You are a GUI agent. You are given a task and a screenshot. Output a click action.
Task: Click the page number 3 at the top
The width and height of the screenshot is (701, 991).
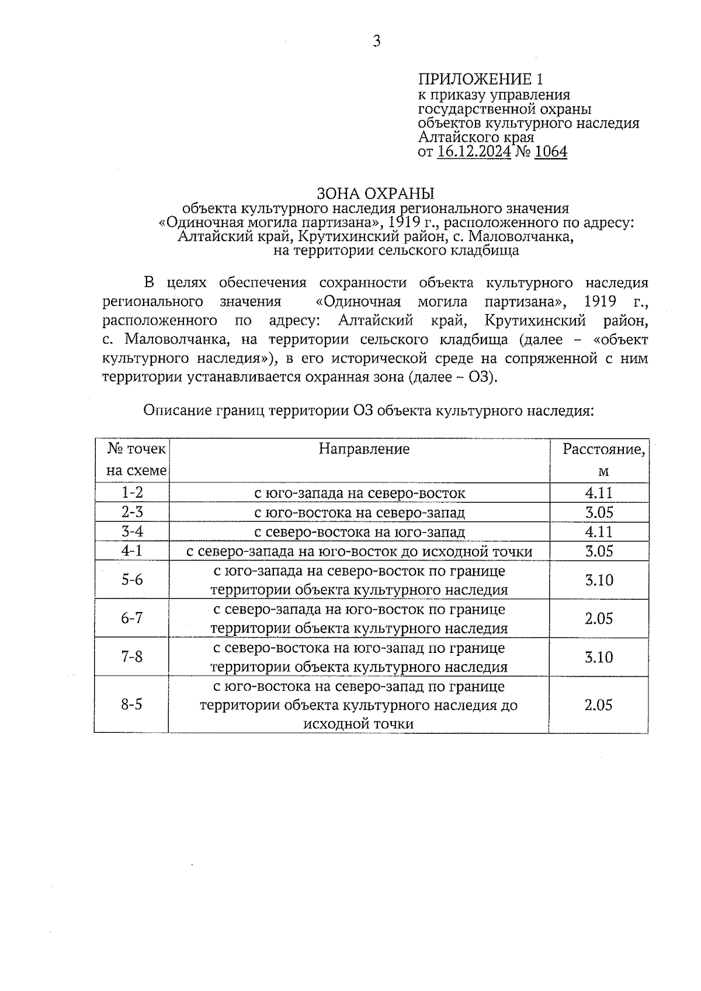point(376,41)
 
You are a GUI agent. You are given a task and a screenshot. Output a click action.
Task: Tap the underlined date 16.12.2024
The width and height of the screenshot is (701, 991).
point(474,152)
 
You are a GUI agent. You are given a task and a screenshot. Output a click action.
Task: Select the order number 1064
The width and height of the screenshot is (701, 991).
point(550,152)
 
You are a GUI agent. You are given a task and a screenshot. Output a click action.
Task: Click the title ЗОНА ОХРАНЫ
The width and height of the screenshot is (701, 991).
point(376,193)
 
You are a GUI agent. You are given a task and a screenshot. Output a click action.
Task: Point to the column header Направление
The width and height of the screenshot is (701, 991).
point(364,449)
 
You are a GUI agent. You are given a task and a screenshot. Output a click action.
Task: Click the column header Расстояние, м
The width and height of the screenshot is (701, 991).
point(603,460)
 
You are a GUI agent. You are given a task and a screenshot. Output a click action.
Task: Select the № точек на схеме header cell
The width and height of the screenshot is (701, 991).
point(137,460)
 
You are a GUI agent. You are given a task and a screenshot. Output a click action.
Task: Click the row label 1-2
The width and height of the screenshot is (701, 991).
point(132,493)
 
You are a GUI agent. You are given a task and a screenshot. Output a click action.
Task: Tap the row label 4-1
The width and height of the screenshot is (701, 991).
point(132,551)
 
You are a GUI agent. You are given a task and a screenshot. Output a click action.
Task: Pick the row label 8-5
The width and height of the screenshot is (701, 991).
point(132,704)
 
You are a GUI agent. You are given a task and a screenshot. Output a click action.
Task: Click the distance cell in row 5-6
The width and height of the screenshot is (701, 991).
point(599,580)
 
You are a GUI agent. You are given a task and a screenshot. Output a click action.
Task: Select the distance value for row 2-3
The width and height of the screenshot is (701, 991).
point(599,513)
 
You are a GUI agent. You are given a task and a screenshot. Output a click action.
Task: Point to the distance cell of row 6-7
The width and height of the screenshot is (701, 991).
point(599,618)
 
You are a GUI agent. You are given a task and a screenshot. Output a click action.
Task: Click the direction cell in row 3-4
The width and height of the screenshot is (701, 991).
point(359,532)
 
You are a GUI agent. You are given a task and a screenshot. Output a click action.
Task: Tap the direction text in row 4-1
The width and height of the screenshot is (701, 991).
point(359,551)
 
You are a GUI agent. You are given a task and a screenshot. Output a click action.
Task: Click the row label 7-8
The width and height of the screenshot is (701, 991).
point(132,656)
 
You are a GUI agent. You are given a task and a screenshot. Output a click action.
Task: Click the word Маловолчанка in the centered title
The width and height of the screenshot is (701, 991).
point(520,237)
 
